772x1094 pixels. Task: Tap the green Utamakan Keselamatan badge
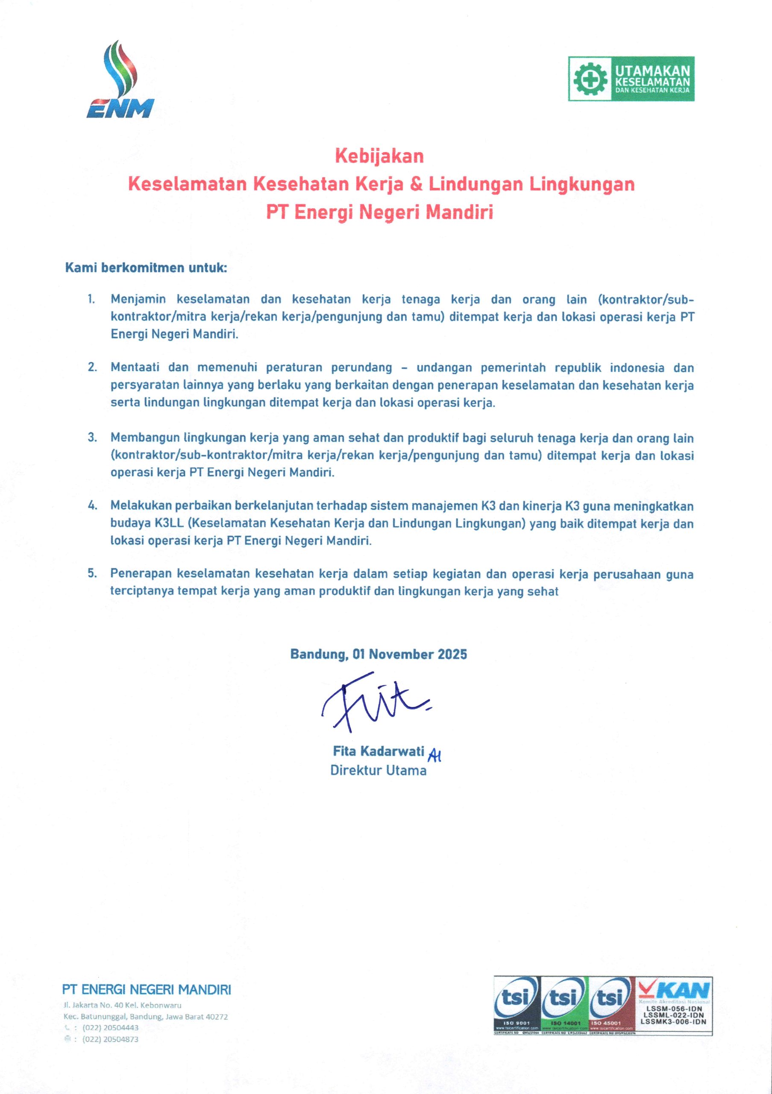tap(631, 79)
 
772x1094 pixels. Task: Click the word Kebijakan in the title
tap(379, 156)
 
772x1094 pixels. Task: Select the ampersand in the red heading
tap(416, 184)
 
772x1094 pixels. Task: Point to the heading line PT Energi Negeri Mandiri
tap(379, 212)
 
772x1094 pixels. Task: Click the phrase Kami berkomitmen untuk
tap(146, 268)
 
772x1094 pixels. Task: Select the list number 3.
tap(91, 438)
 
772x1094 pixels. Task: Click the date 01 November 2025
tap(410, 654)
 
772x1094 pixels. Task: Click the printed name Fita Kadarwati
tap(378, 751)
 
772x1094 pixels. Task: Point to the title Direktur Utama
tap(378, 771)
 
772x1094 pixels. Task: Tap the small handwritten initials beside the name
tap(435, 754)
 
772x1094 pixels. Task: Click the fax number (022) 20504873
tap(111, 1039)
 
